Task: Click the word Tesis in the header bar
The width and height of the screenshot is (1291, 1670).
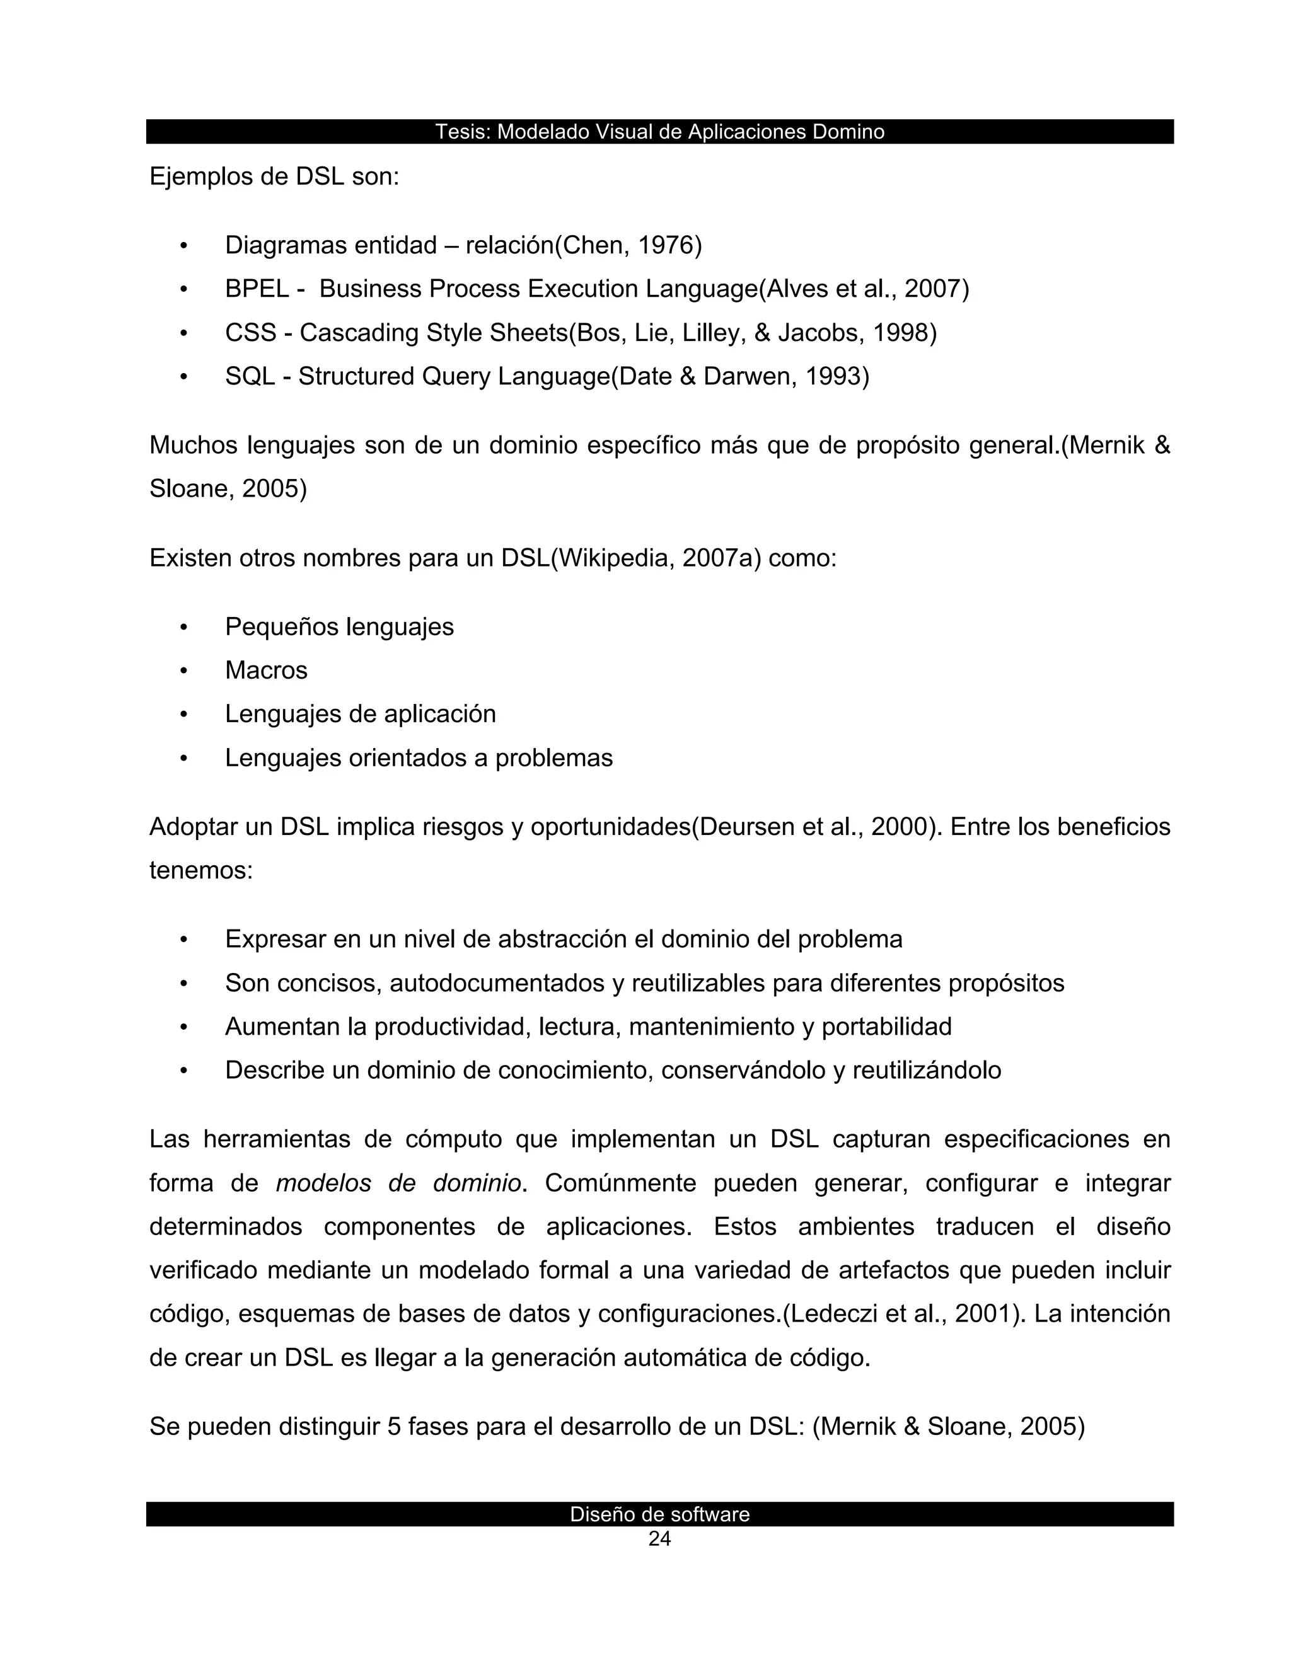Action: [462, 132]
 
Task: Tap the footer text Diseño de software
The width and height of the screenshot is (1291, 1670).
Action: [659, 1514]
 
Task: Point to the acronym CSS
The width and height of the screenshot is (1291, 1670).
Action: [250, 333]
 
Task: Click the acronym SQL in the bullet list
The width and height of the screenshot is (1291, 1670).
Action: [250, 376]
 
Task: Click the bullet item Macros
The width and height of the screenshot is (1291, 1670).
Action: [266, 671]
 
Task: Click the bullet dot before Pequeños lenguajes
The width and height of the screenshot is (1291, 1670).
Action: [183, 627]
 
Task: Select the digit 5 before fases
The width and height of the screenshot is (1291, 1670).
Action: [394, 1426]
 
